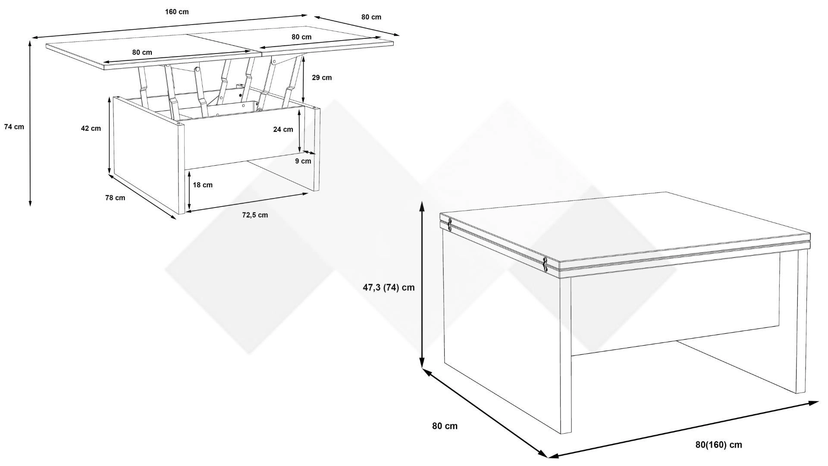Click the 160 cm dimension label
click(x=177, y=12)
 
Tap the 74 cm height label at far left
click(x=14, y=127)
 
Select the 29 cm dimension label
click(x=322, y=78)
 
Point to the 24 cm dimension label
click(x=283, y=129)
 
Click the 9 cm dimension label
click(x=303, y=161)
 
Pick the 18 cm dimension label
click(x=202, y=185)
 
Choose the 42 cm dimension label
click(x=91, y=128)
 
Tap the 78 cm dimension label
click(x=115, y=198)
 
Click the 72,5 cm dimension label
click(x=255, y=215)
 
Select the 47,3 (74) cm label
click(x=389, y=287)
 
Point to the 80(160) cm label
click(x=719, y=445)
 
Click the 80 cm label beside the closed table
click(x=445, y=426)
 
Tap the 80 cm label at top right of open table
click(x=371, y=17)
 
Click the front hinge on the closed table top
click(x=545, y=264)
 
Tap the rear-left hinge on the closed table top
click(x=450, y=224)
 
